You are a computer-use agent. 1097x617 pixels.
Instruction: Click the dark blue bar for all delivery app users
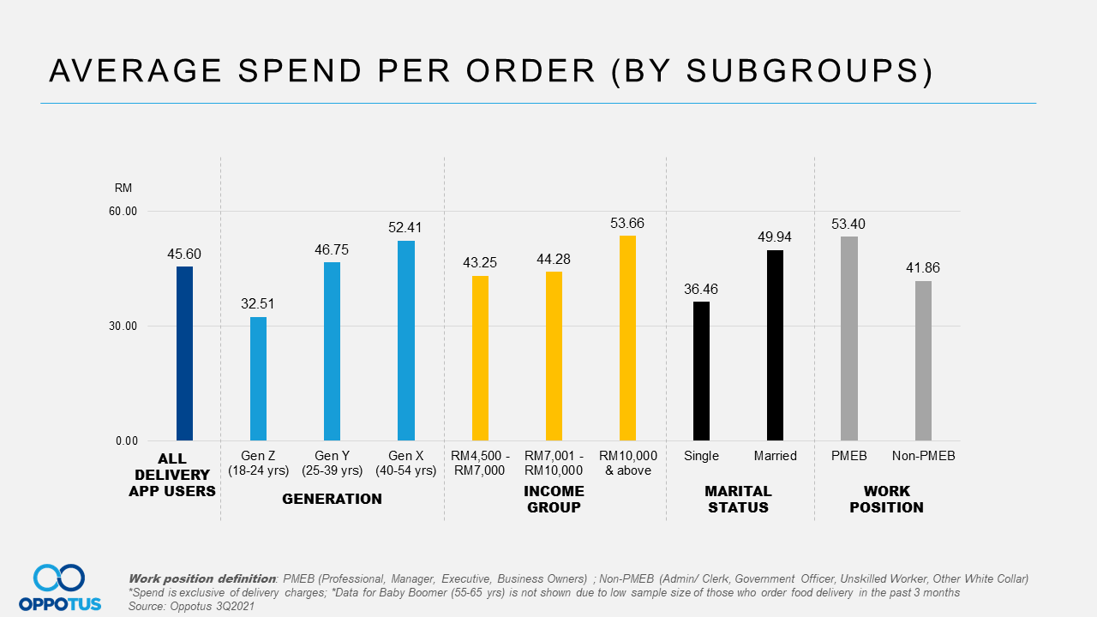point(184,353)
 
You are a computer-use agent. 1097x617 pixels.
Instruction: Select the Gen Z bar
point(258,379)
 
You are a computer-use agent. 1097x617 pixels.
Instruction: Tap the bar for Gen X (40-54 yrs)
point(406,340)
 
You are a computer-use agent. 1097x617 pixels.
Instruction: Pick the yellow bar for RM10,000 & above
point(627,338)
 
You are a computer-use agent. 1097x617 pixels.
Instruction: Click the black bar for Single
point(701,371)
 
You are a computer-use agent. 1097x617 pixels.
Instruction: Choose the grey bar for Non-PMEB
point(923,361)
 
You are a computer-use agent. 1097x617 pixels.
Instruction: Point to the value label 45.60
point(184,254)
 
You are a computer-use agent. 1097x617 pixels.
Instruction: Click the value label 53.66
point(627,223)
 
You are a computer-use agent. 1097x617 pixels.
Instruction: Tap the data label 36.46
point(701,289)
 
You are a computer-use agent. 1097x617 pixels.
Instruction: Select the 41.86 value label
point(923,268)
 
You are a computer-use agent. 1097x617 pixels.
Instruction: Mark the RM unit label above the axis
point(123,188)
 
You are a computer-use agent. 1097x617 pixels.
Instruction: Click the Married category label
point(775,456)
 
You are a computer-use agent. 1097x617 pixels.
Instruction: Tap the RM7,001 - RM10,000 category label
point(554,463)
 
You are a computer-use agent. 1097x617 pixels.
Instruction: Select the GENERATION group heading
point(332,499)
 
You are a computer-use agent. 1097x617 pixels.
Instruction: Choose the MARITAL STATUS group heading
point(738,499)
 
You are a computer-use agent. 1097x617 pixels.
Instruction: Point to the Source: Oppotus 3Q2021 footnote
point(191,606)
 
